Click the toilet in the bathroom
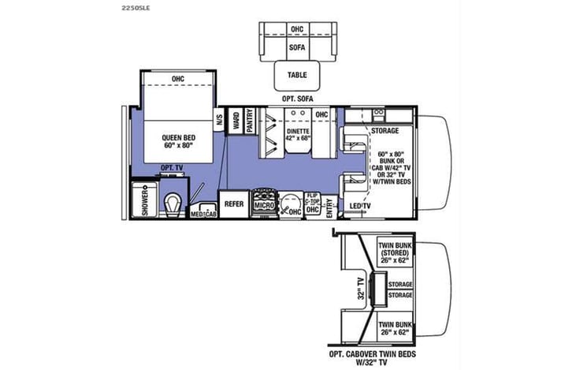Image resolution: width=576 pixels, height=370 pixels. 172,204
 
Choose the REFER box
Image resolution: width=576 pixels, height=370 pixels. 234,204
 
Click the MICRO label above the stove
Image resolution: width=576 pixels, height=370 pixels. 263,204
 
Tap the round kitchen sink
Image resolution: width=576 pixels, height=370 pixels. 292,202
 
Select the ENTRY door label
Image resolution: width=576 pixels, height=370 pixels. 330,206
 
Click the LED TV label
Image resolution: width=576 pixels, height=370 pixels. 361,207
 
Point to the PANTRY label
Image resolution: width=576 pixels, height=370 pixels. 249,121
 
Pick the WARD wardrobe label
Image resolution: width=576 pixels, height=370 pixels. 236,121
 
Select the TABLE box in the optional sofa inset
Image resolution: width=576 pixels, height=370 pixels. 296,76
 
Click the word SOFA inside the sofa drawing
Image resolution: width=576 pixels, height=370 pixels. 296,46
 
